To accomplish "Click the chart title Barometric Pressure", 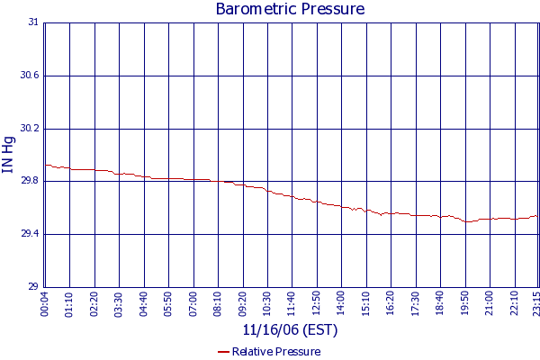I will click(290, 10).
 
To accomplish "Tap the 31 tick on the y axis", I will click(34, 22).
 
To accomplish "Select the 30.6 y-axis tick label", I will click(30, 76).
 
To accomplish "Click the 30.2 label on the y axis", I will click(30, 129).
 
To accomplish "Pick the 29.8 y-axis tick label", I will click(30, 181).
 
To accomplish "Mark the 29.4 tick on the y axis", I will click(30, 234).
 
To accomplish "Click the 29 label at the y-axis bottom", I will click(34, 287).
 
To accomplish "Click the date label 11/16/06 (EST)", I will click(289, 329).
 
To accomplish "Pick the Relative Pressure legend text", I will click(276, 352).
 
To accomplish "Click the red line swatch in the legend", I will click(223, 352).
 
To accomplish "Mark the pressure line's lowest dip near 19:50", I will click(466, 221).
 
